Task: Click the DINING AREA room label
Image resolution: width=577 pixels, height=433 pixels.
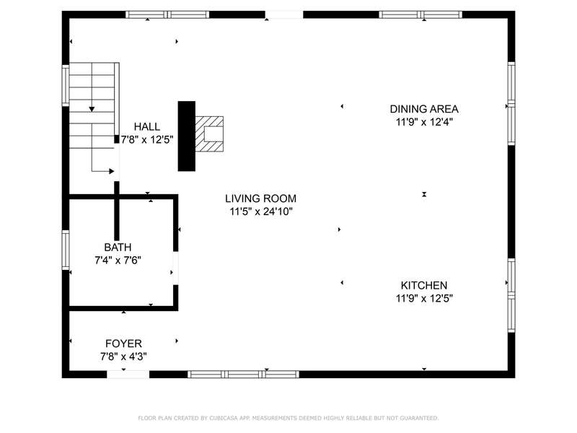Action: tap(424, 109)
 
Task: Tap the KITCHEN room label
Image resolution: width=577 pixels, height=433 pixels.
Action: tap(424, 285)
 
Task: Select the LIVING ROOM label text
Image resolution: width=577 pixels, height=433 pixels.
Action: tap(260, 198)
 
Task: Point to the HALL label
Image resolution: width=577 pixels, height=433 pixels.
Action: tap(147, 127)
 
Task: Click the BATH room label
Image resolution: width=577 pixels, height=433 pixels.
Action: tap(118, 247)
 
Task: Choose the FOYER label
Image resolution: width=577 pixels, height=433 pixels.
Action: tap(123, 344)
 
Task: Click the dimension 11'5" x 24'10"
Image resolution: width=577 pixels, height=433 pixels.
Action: tap(261, 211)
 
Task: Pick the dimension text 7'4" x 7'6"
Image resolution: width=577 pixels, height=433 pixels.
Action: tap(118, 261)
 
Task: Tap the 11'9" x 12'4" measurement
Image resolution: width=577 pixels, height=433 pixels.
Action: tap(424, 122)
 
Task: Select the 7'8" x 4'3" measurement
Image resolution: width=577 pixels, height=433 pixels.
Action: tap(123, 357)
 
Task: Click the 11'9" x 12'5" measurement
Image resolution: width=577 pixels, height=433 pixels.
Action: tap(424, 298)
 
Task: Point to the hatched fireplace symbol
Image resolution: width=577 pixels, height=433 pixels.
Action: tap(209, 134)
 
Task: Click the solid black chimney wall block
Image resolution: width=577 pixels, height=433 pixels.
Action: tap(187, 136)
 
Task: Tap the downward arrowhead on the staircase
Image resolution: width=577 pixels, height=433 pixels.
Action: tap(92, 110)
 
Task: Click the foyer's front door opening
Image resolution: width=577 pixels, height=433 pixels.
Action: tap(128, 375)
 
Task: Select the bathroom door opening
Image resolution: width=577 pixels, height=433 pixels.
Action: tap(175, 268)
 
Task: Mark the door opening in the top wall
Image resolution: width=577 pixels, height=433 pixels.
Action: tap(284, 14)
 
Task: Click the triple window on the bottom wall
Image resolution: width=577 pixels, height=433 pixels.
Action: tap(243, 375)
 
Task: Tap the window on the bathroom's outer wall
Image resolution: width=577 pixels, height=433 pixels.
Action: tap(66, 250)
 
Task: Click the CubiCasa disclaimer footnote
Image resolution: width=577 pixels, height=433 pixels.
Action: tap(288, 418)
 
